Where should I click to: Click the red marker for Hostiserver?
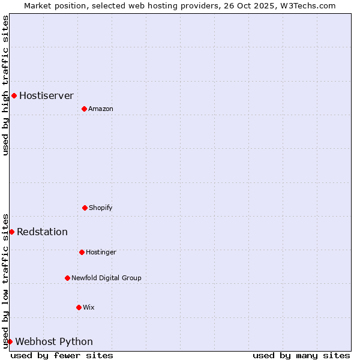(x=14, y=95)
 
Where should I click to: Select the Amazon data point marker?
(x=84, y=109)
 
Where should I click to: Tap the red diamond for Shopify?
(x=85, y=208)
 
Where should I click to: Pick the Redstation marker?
(x=11, y=232)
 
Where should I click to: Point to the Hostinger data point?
(x=82, y=252)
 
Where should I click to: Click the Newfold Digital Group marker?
(x=67, y=278)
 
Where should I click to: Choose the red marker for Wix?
(x=79, y=307)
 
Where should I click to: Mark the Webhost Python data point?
(x=10, y=341)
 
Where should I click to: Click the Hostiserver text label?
(x=46, y=95)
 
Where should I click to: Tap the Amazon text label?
(x=101, y=109)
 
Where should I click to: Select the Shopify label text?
(x=101, y=208)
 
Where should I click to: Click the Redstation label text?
(x=42, y=232)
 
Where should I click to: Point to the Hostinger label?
(x=101, y=252)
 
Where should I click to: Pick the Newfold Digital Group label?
(x=106, y=278)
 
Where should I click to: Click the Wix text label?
(x=89, y=307)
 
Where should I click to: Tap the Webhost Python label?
(x=54, y=342)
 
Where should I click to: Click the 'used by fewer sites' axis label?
(x=62, y=355)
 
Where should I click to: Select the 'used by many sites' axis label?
(x=301, y=355)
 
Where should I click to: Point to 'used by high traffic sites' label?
(x=5, y=85)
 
